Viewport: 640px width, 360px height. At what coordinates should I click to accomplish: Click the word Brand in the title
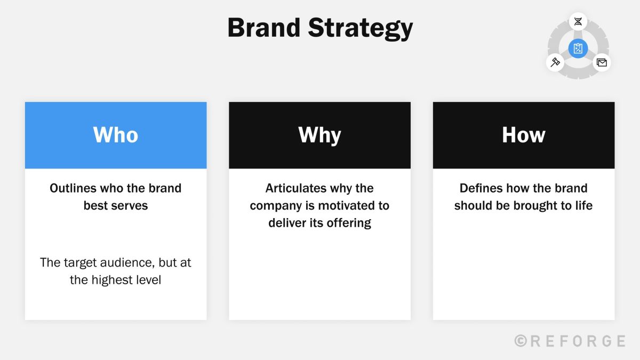(x=263, y=28)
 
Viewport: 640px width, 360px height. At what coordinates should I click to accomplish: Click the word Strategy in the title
(x=361, y=29)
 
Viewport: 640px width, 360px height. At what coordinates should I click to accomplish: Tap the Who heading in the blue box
(x=116, y=134)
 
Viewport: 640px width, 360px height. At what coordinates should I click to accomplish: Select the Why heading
(x=319, y=135)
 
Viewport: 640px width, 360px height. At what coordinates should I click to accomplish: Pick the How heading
(x=523, y=134)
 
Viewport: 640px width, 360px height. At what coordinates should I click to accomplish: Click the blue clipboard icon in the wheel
(x=578, y=49)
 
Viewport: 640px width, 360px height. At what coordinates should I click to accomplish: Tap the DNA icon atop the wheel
(x=578, y=21)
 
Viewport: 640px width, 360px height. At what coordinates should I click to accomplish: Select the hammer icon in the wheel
(x=555, y=62)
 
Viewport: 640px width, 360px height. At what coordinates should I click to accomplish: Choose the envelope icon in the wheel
(x=602, y=62)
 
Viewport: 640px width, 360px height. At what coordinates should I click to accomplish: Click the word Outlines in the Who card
(x=73, y=188)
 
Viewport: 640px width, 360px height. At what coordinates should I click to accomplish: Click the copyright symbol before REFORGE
(x=521, y=341)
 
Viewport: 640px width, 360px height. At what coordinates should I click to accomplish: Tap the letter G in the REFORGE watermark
(x=607, y=341)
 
